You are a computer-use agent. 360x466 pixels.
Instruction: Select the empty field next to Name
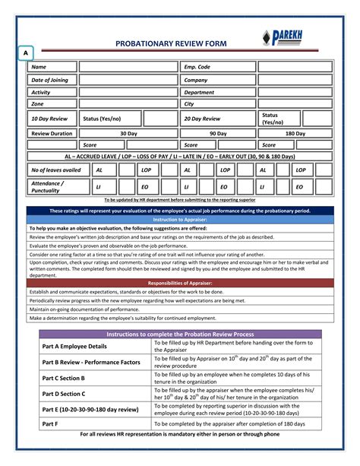pos(127,67)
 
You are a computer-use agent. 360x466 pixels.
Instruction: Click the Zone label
pos(38,104)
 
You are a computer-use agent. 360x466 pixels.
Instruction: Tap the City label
pos(190,104)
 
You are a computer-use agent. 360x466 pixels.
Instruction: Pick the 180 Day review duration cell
pos(295,133)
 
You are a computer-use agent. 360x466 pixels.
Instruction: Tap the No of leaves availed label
pos(55,170)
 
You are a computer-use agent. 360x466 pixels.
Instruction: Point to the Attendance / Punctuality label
pos(49,186)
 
